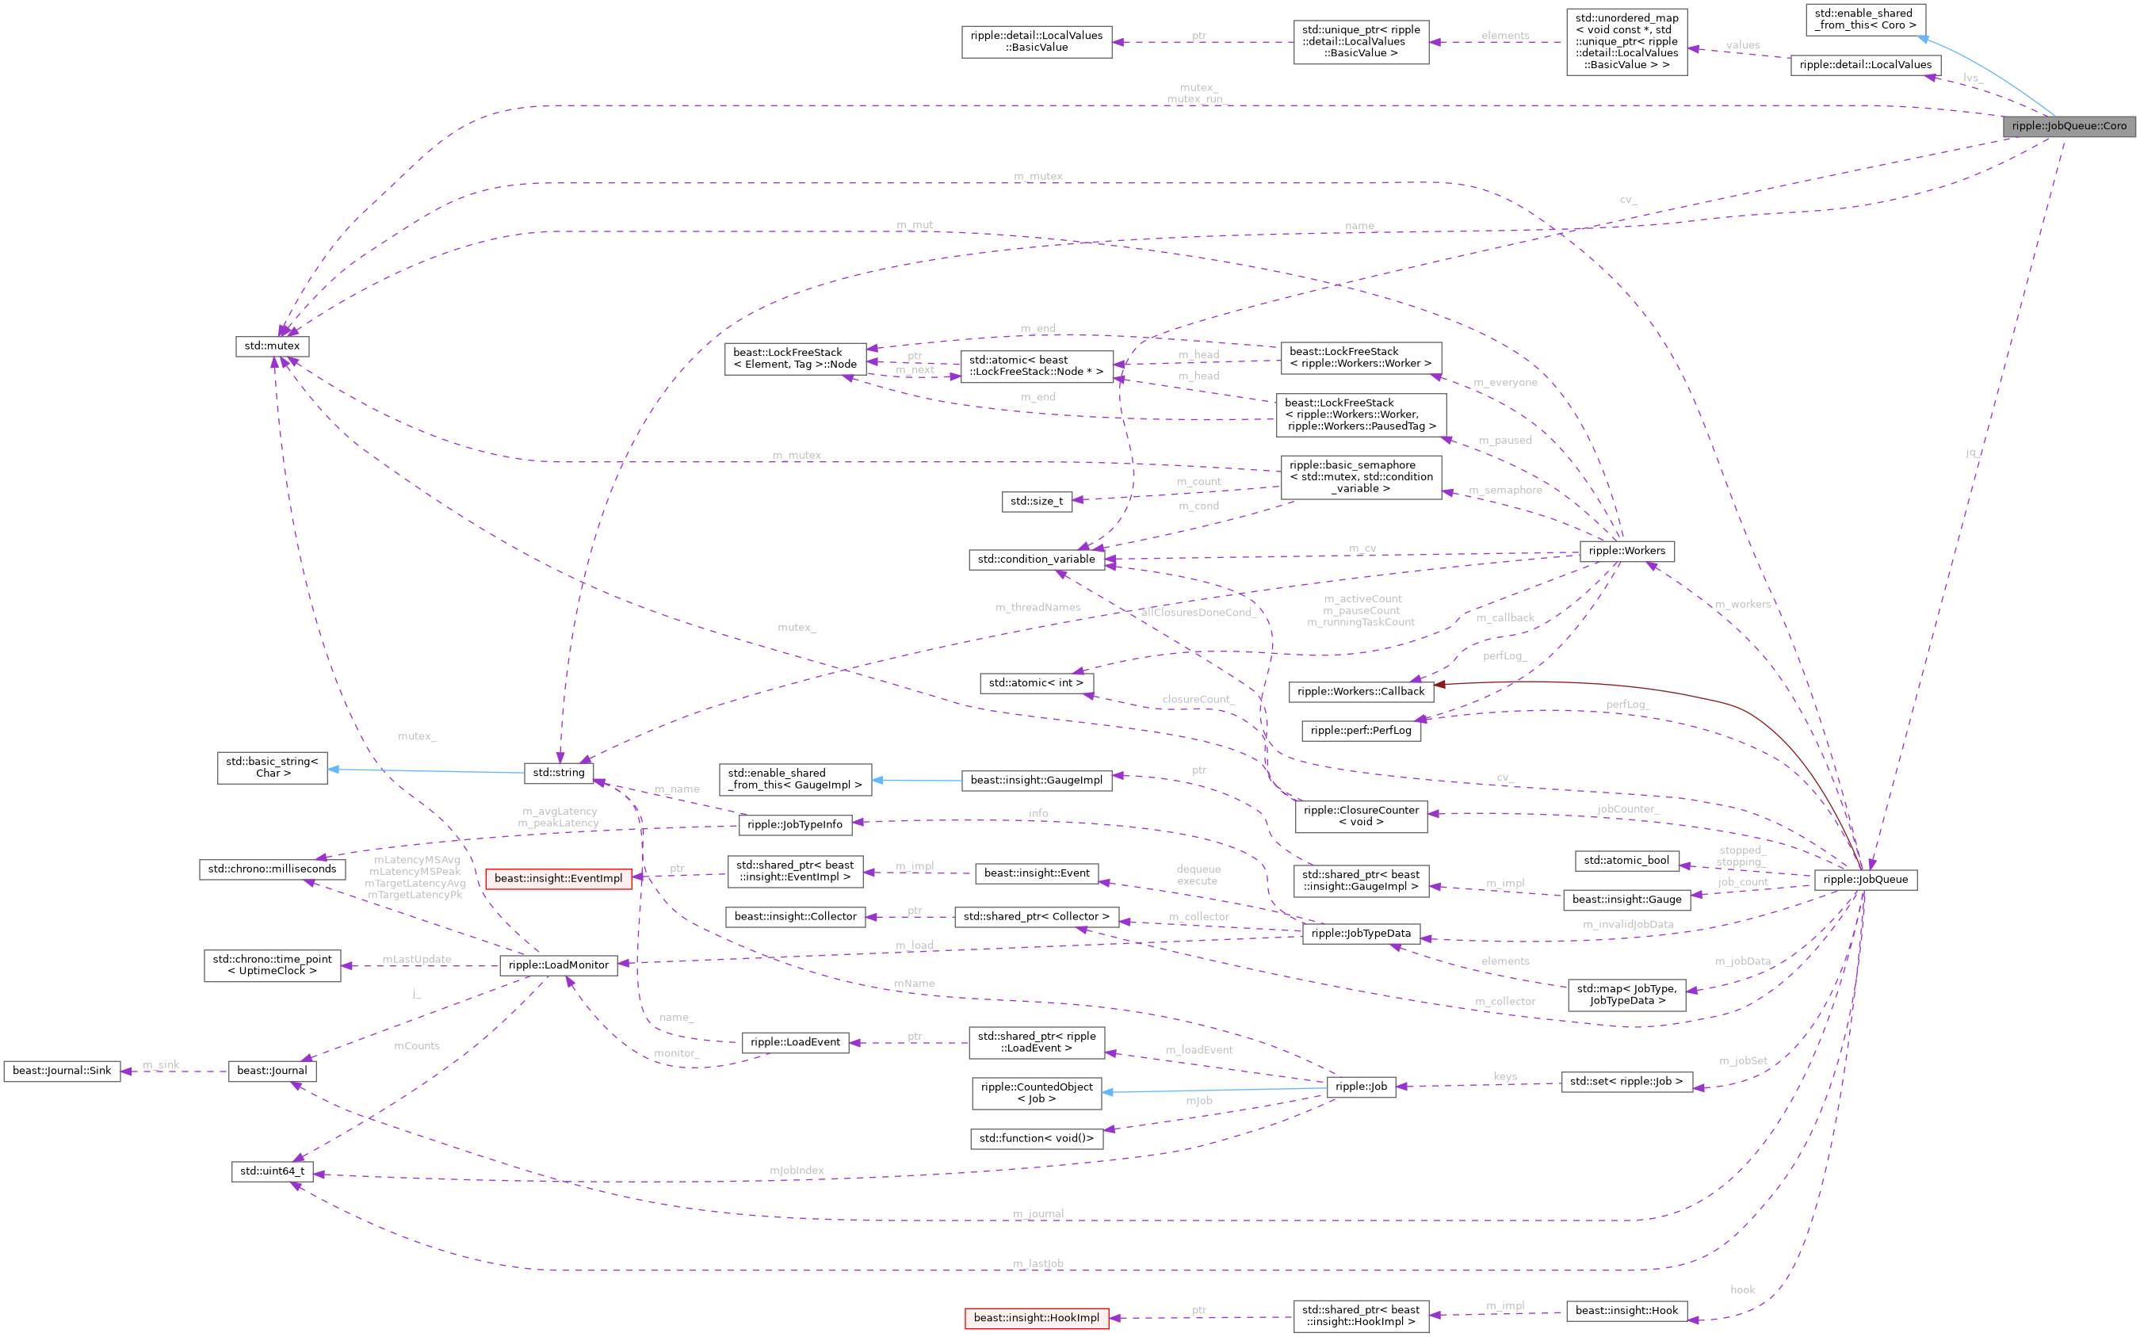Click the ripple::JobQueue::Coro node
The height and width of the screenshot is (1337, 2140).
[x=2069, y=125]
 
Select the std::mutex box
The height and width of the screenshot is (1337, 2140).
[x=273, y=346]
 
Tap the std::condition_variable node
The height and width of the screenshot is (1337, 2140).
[x=1037, y=559]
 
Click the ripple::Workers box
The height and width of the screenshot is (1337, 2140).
[x=1626, y=550]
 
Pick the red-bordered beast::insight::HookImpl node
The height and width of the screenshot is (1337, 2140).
[x=1037, y=1317]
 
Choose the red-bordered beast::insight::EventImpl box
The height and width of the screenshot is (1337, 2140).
[x=558, y=878]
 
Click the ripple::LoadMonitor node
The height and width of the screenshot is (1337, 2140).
[x=558, y=965]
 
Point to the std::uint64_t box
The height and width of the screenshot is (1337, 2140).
[x=273, y=1171]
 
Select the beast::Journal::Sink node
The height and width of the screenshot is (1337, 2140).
[x=62, y=1070]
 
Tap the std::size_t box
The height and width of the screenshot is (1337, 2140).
[x=1037, y=501]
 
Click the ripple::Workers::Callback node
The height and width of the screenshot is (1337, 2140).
[x=1360, y=692]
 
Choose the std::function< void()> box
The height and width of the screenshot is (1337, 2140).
[x=1037, y=1138]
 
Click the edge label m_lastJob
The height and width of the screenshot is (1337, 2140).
[x=1038, y=1263]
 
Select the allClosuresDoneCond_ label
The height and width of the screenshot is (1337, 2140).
[x=1198, y=612]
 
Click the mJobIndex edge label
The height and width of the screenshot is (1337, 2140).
[x=797, y=1170]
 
